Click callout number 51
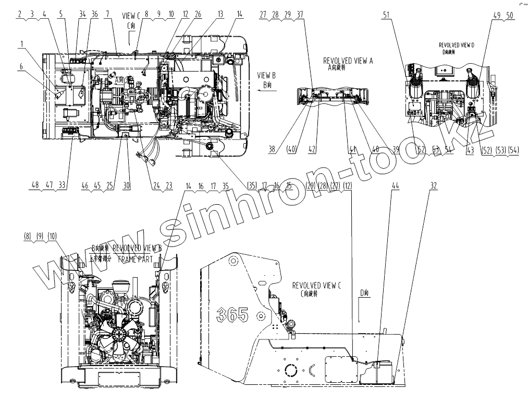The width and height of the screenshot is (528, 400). (x=386, y=15)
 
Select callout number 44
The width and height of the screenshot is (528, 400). (x=395, y=185)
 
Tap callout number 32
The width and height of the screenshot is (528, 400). (x=434, y=185)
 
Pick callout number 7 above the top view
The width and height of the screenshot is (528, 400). (x=108, y=15)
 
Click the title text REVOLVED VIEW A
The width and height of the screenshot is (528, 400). (x=348, y=60)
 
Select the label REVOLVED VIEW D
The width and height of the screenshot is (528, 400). (x=457, y=45)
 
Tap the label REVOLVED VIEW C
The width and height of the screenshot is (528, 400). (x=316, y=285)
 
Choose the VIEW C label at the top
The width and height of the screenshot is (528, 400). (x=131, y=16)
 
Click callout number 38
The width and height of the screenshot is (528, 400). (x=272, y=149)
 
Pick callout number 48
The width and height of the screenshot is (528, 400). (x=35, y=185)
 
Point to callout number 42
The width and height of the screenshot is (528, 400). (x=312, y=149)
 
